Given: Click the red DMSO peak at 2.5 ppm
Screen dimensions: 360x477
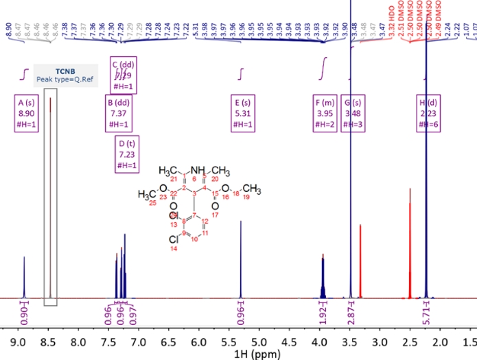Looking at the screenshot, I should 410,240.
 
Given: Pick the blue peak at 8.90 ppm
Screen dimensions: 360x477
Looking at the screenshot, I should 24,274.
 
